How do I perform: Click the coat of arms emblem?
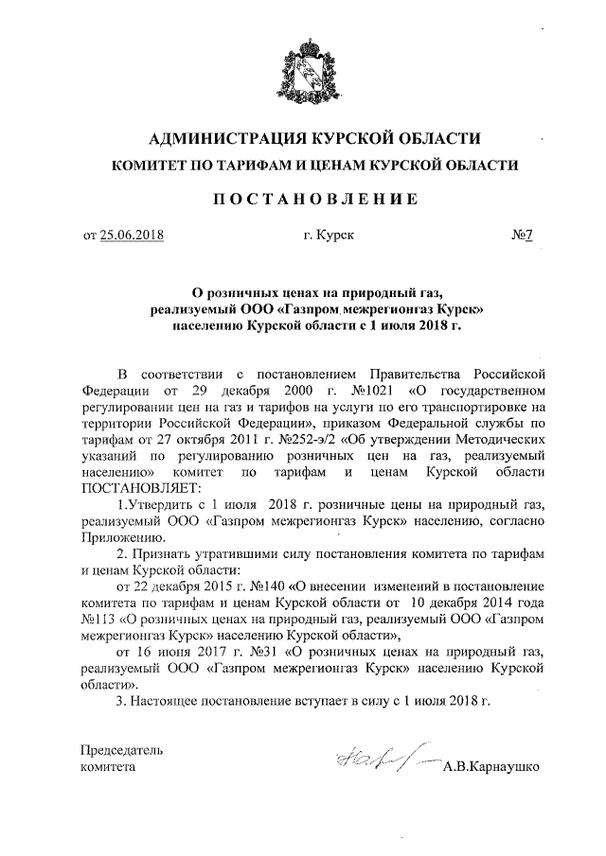tap(302, 67)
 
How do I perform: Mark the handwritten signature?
tap(375, 759)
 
